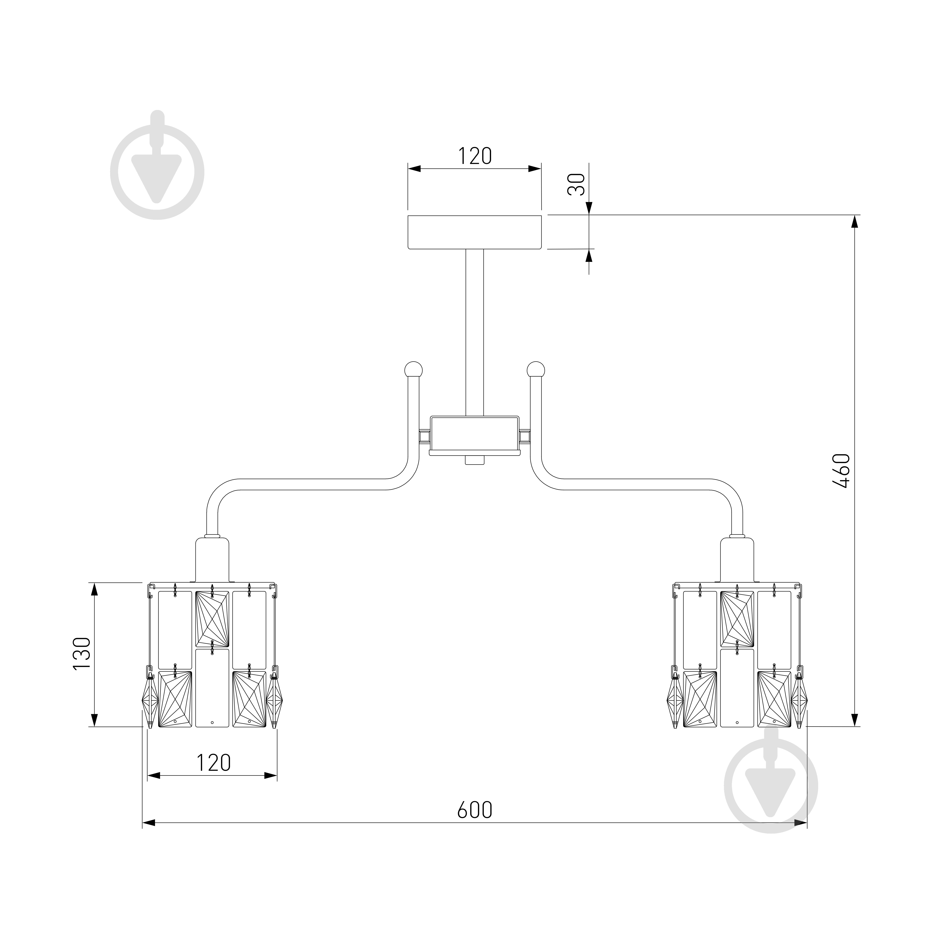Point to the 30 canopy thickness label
pyautogui.click(x=577, y=184)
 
